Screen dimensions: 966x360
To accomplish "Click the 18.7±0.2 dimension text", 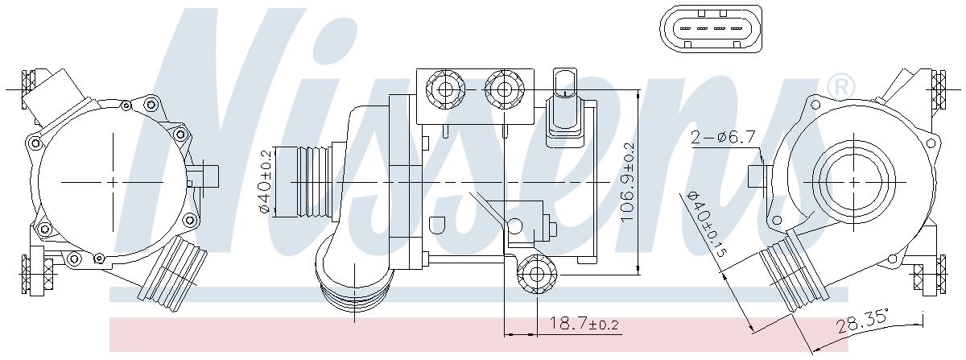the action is [x=584, y=325].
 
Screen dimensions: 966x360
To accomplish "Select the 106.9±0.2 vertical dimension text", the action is [x=629, y=183].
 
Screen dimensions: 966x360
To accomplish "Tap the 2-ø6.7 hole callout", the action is [x=723, y=137].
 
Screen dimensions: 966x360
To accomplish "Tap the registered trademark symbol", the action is [x=840, y=97].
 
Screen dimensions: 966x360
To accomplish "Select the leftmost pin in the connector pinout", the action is [x=685, y=29].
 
